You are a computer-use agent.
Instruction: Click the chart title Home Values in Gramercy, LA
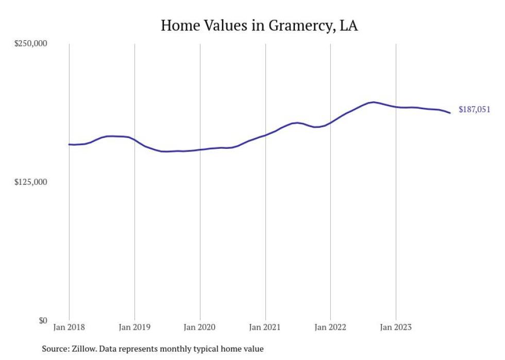pyautogui.click(x=259, y=25)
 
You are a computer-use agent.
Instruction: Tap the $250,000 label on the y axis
pyautogui.click(x=30, y=44)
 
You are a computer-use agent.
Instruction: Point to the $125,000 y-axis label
pyautogui.click(x=30, y=182)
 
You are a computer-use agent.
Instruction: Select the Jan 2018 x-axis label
pyautogui.click(x=70, y=327)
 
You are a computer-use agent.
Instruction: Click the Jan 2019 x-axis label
pyautogui.click(x=134, y=327)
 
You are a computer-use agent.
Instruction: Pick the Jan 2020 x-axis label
pyautogui.click(x=200, y=327)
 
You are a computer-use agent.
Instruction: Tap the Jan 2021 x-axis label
pyautogui.click(x=265, y=327)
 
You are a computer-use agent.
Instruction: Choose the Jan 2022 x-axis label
pyautogui.click(x=330, y=327)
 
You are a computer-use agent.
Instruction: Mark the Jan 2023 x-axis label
pyautogui.click(x=396, y=327)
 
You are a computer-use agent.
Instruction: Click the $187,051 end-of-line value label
pyautogui.click(x=474, y=110)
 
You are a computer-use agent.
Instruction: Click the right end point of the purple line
pyautogui.click(x=450, y=113)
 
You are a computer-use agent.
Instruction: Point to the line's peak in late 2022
pyautogui.click(x=373, y=102)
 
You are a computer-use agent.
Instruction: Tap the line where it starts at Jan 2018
pyautogui.click(x=70, y=144)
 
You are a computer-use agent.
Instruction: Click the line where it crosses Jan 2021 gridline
pyautogui.click(x=265, y=135)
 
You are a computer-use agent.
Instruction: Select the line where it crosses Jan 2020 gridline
pyautogui.click(x=200, y=149)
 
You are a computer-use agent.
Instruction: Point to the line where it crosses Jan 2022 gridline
pyautogui.click(x=330, y=123)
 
